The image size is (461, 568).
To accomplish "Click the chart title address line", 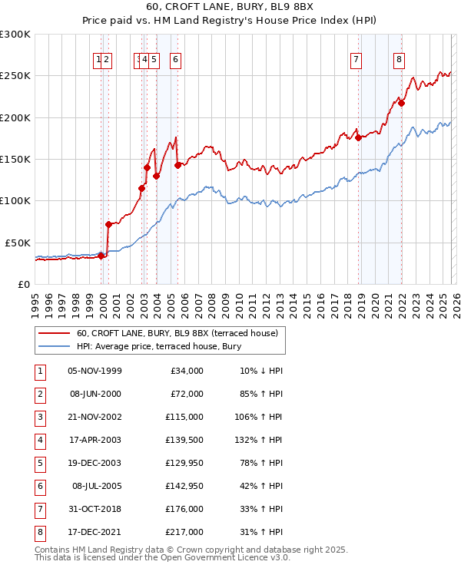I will pyautogui.click(x=230, y=8).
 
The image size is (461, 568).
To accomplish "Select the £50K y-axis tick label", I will pyautogui.click(x=18, y=243).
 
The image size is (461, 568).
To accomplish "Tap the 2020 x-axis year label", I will pyautogui.click(x=374, y=302).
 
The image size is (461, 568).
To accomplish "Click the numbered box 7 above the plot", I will pyautogui.click(x=357, y=62).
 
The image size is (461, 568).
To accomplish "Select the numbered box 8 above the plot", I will pyautogui.click(x=400, y=62).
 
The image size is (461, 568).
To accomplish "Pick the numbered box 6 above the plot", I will pyautogui.click(x=176, y=62).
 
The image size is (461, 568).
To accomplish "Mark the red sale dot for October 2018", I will pyautogui.click(x=358, y=138).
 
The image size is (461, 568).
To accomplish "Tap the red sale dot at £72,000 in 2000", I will pyautogui.click(x=108, y=224).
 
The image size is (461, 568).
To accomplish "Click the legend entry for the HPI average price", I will pyautogui.click(x=158, y=346).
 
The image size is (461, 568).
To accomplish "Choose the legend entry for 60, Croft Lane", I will pyautogui.click(x=181, y=333).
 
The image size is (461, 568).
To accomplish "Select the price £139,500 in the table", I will pyautogui.click(x=185, y=441).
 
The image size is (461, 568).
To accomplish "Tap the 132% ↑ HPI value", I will pyautogui.click(x=260, y=441).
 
